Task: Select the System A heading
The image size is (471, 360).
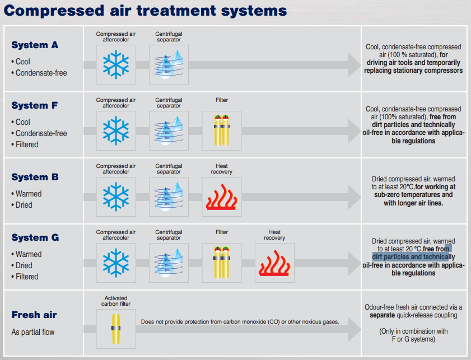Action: (35, 45)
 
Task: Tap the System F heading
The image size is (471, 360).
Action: (35, 105)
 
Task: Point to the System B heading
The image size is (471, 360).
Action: (35, 177)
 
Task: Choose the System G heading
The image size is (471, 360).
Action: (35, 237)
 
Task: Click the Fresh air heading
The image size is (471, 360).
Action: (34, 315)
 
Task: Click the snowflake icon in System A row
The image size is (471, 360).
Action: (116, 65)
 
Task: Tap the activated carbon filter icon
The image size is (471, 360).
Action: (116, 328)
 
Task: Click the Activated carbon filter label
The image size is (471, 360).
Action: (116, 301)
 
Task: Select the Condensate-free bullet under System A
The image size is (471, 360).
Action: (41, 73)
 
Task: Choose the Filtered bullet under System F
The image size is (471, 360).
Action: (27, 144)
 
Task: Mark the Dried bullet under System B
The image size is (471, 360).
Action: (24, 205)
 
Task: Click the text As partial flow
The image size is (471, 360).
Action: (33, 332)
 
